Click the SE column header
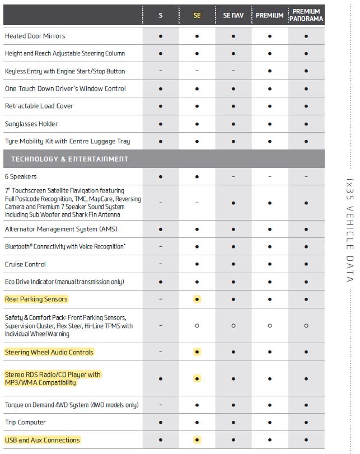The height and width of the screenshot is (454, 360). click(x=197, y=16)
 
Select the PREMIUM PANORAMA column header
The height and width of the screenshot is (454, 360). click(x=306, y=15)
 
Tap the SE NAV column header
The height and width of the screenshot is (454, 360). click(x=233, y=16)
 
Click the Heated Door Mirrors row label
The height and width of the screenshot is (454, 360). click(x=35, y=36)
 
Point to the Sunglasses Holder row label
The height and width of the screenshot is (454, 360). click(x=31, y=124)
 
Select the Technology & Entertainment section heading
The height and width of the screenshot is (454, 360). click(x=69, y=159)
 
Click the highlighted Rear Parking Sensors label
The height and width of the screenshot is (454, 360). click(x=36, y=299)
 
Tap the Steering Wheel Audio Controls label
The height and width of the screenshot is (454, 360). click(x=49, y=352)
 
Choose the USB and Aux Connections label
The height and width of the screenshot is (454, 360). click(x=43, y=440)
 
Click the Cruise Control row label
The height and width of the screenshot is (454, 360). click(x=25, y=264)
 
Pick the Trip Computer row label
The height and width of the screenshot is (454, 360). click(x=25, y=422)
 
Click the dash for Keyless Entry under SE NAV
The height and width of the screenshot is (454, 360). click(x=233, y=71)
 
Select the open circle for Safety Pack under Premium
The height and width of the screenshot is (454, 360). click(x=270, y=325)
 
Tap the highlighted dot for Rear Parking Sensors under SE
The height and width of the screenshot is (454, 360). click(x=197, y=299)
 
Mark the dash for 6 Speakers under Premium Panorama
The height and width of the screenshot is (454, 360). click(x=306, y=176)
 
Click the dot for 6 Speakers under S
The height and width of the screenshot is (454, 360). click(x=161, y=176)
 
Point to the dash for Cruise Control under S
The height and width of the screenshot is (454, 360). click(x=161, y=264)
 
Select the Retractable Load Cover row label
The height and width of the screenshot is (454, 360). click(x=39, y=106)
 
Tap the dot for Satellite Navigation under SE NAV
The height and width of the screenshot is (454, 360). click(x=233, y=203)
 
